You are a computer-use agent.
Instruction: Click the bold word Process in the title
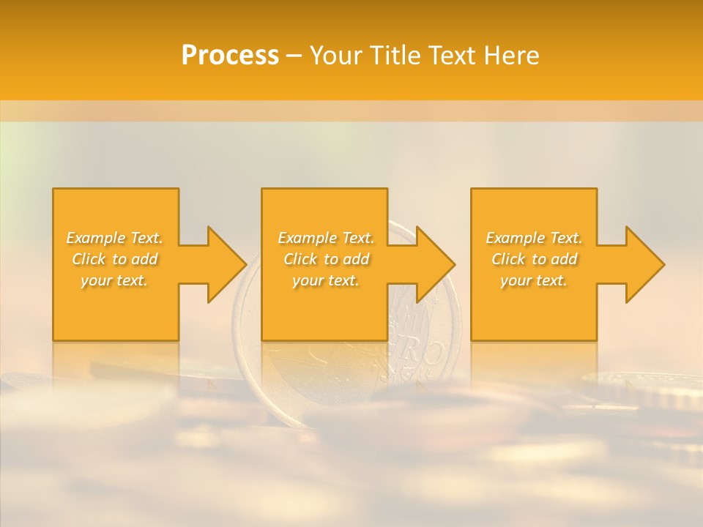point(230,56)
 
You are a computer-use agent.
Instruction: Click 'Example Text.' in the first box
point(114,238)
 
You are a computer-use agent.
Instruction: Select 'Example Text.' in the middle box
point(326,238)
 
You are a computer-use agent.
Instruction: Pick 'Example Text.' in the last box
point(534,238)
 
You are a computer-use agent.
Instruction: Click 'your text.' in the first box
point(114,280)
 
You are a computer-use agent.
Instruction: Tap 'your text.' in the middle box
point(326,280)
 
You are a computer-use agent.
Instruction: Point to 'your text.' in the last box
point(534,280)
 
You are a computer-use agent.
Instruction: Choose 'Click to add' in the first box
point(114,259)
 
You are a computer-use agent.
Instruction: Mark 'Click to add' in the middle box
point(326,259)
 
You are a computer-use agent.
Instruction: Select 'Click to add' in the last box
point(534,259)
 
